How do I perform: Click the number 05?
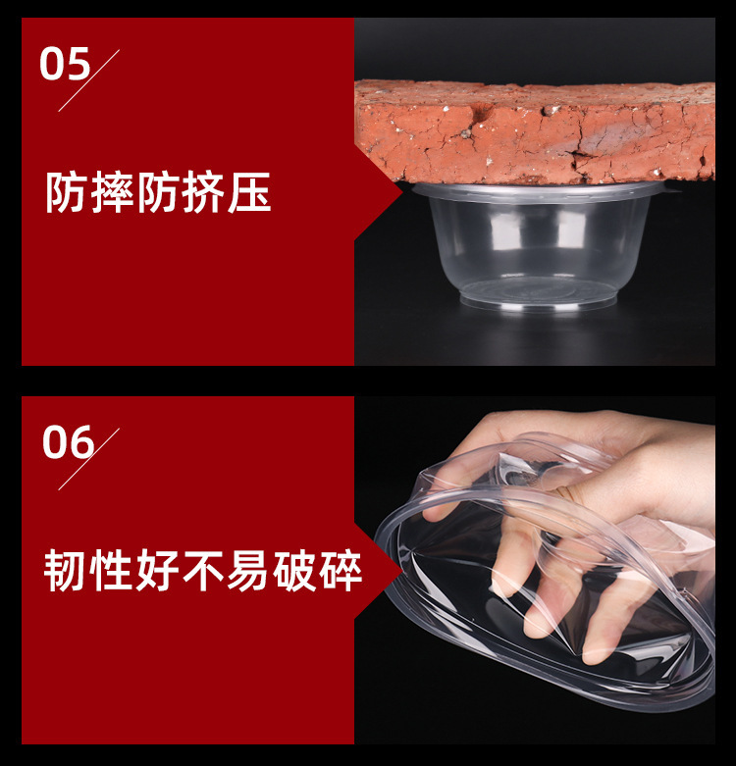click(x=64, y=65)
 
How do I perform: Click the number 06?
click(x=67, y=442)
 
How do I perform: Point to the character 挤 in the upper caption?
click(x=204, y=194)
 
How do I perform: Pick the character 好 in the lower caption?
click(x=157, y=572)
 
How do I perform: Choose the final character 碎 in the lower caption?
click(x=340, y=572)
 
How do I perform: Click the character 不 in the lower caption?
click(x=203, y=572)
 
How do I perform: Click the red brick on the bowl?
click(x=535, y=132)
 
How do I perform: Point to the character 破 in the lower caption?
click(x=294, y=572)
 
